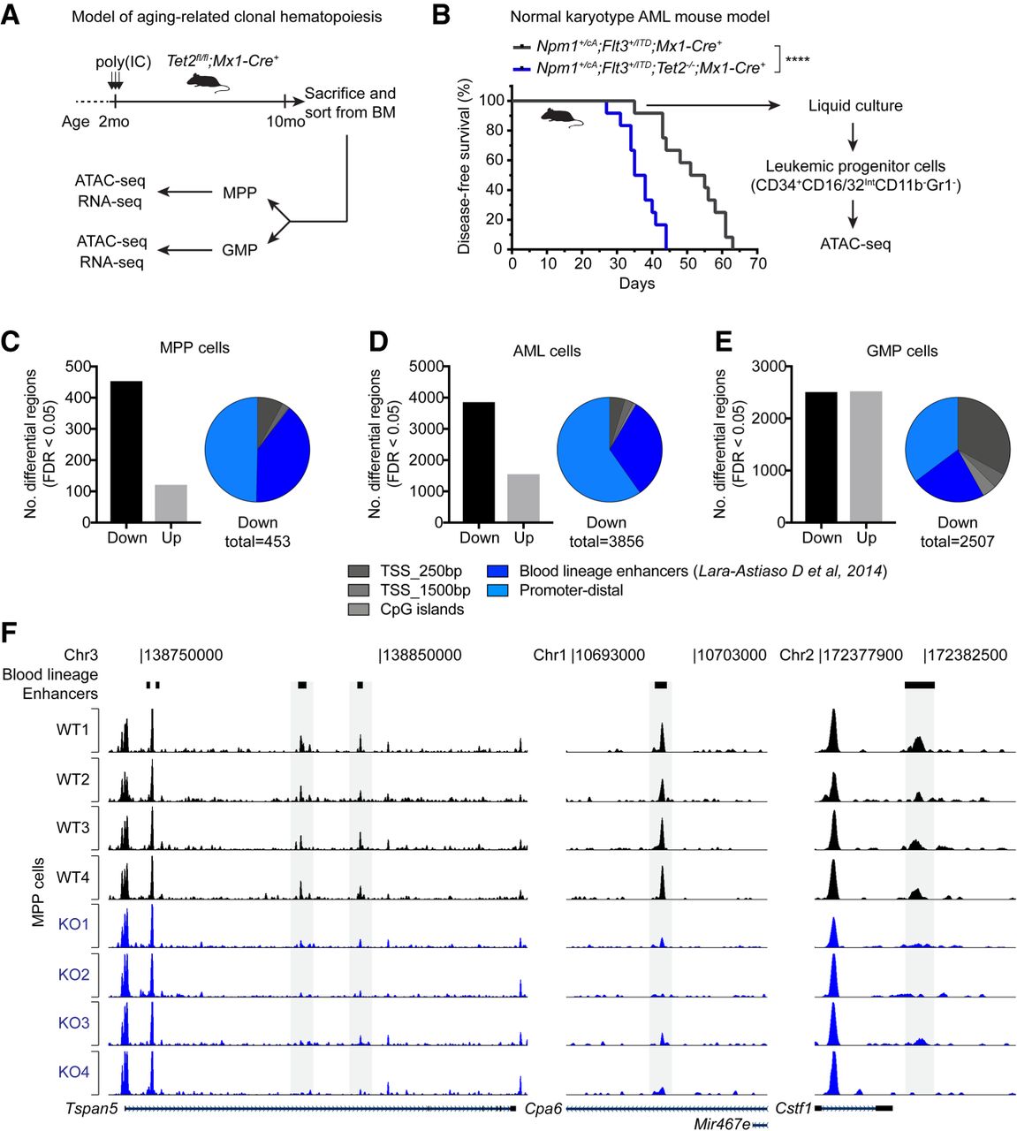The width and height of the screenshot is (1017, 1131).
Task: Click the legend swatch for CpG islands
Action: coord(359,609)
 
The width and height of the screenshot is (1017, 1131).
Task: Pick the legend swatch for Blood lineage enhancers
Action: coord(497,572)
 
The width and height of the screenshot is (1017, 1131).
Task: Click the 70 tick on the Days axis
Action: coord(757,263)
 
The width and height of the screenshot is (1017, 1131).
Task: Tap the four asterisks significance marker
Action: coord(797,61)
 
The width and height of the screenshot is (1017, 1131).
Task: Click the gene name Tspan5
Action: coord(91,1108)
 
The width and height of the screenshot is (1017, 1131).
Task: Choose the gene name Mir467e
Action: coord(721,1124)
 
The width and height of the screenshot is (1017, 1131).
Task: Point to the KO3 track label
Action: coord(73,1023)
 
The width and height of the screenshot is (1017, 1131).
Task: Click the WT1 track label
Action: coord(72,730)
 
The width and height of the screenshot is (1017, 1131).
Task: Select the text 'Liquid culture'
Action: coord(855,106)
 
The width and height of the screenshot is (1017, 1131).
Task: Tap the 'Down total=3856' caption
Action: coord(606,532)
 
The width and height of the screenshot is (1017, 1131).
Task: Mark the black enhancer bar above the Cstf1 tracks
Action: coord(919,685)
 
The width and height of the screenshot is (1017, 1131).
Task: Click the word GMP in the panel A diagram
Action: coord(239,250)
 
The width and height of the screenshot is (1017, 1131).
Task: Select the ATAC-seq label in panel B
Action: coord(855,244)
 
